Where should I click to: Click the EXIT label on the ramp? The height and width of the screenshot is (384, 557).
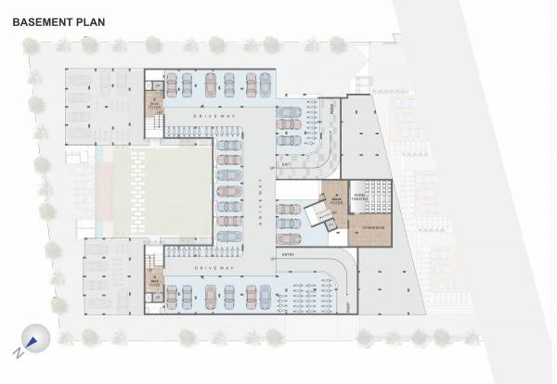tap(288, 166)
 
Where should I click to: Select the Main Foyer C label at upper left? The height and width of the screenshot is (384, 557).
tap(153, 102)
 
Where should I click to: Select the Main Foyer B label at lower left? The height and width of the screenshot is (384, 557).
tap(153, 281)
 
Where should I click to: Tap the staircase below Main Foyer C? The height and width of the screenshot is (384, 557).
tap(154, 125)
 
